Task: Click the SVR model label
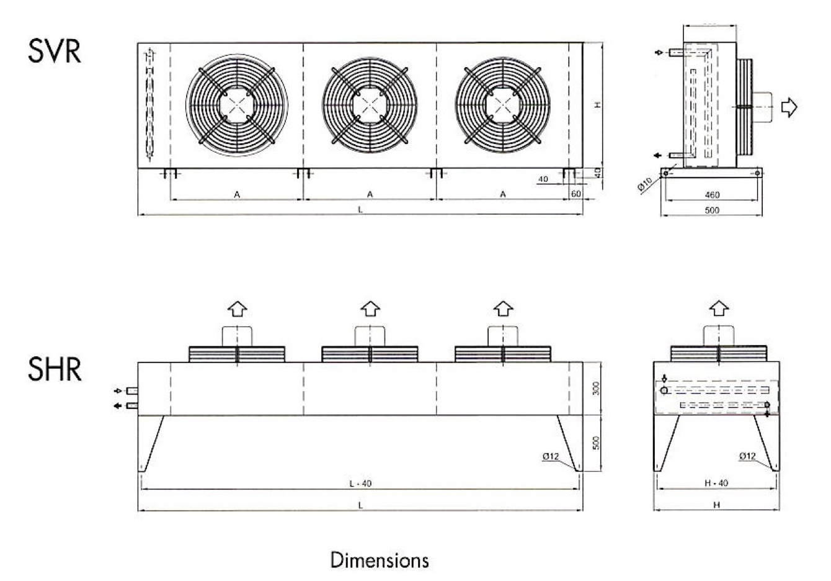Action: click(x=55, y=52)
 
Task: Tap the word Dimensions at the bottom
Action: click(x=380, y=560)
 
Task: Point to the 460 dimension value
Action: click(x=712, y=195)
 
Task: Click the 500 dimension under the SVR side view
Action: click(x=712, y=210)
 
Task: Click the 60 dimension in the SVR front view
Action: click(x=576, y=194)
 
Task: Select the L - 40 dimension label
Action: click(x=360, y=484)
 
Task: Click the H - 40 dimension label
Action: click(x=717, y=484)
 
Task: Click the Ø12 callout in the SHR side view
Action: click(x=747, y=456)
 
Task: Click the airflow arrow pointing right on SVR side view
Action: click(x=788, y=107)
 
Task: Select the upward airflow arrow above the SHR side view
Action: click(x=719, y=308)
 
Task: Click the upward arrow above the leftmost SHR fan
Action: click(x=238, y=308)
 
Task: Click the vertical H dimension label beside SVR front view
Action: click(x=598, y=105)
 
